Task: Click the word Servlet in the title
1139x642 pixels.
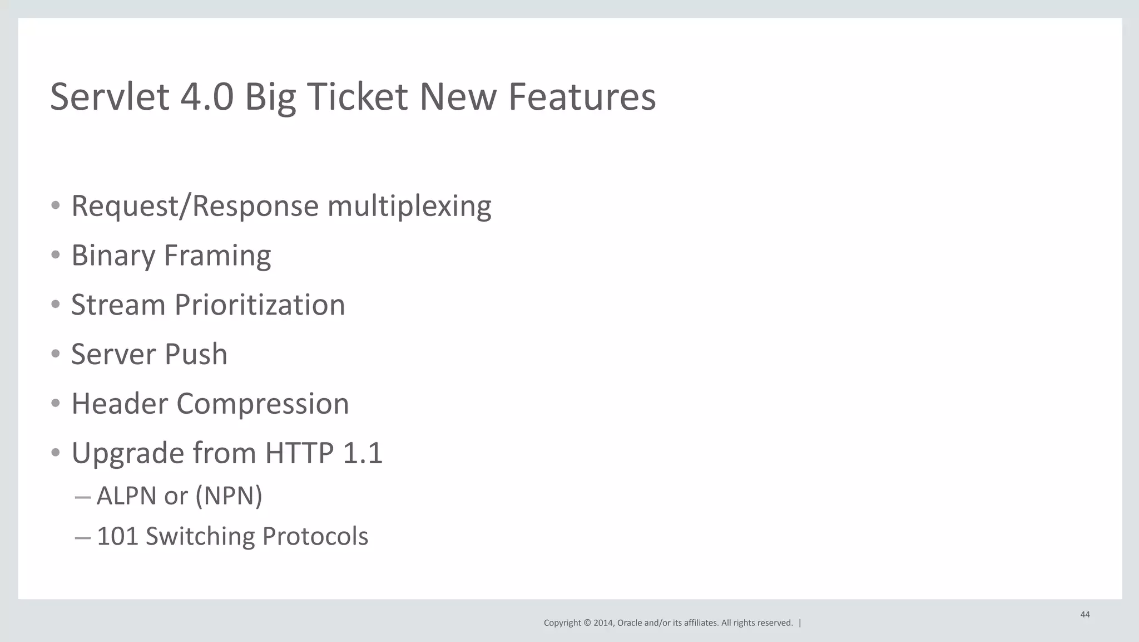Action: [x=110, y=97]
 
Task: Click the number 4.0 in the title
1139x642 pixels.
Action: [x=206, y=97]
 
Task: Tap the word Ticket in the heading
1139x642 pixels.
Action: [x=357, y=97]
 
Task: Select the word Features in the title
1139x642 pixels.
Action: [x=582, y=97]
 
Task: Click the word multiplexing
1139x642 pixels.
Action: [x=409, y=207]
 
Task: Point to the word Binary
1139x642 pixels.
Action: [x=113, y=256]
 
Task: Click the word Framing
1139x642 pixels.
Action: [x=217, y=256]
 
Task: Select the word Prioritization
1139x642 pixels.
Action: [x=260, y=305]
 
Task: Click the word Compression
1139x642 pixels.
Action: [x=263, y=404]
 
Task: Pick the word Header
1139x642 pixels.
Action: [x=119, y=404]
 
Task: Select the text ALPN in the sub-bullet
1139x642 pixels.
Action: [x=127, y=496]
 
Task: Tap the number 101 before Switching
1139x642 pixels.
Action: [x=117, y=536]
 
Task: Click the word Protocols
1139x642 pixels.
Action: [x=315, y=536]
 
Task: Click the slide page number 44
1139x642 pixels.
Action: [x=1084, y=615]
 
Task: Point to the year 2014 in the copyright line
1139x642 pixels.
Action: [x=603, y=623]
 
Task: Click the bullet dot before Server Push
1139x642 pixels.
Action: [x=55, y=354]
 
